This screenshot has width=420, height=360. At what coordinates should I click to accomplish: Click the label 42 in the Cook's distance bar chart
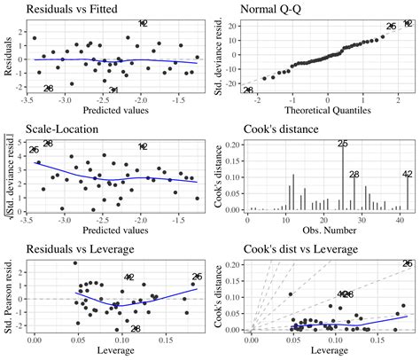408,174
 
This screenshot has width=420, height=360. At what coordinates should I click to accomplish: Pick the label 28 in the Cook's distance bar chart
354,174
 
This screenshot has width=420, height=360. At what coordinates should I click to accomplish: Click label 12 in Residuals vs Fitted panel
143,23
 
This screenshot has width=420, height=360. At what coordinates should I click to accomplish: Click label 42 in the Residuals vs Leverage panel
129,278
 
